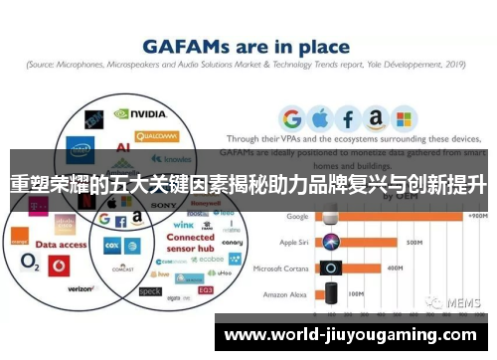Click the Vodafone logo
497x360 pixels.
pyautogui.click(x=57, y=266)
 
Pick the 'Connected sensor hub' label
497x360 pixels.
pyautogui.click(x=189, y=244)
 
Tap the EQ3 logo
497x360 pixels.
pyautogui.click(x=205, y=289)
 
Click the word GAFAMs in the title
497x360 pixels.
pyautogui.click(x=185, y=46)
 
